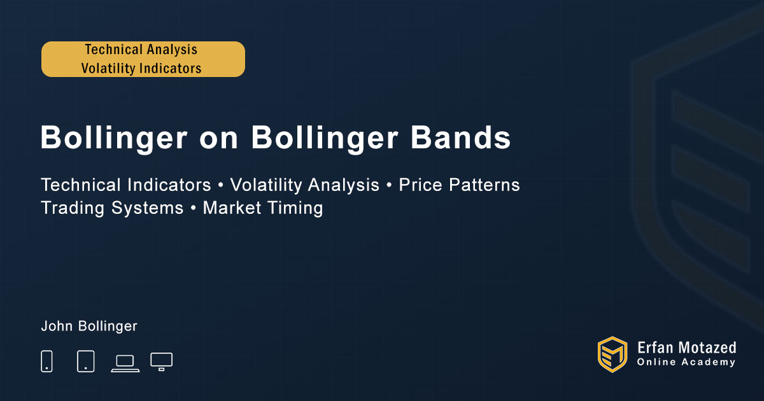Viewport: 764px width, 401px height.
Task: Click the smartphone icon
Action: [46, 361]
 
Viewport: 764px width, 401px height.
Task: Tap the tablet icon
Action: [85, 361]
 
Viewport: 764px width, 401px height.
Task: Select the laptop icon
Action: [125, 363]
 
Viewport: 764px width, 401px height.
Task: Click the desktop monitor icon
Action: [161, 362]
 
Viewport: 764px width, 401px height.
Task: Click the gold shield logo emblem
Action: [612, 355]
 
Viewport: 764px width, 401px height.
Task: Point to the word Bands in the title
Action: [460, 137]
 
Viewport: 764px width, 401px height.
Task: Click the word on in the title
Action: [218, 140]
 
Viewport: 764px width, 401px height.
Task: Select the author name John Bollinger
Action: [89, 326]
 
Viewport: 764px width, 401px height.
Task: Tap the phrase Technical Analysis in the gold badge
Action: [141, 50]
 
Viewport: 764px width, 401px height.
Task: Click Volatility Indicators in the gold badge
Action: [141, 68]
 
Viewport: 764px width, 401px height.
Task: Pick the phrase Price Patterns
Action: [459, 185]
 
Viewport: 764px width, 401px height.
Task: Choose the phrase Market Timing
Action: [263, 208]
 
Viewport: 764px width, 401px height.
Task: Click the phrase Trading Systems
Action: [112, 208]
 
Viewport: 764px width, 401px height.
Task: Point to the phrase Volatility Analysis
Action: [304, 185]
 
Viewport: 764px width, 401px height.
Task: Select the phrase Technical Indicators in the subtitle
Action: [126, 185]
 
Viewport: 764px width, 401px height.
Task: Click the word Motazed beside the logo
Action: [707, 348]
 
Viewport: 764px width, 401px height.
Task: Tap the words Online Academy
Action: [686, 362]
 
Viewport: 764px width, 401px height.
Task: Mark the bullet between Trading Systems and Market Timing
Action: [194, 208]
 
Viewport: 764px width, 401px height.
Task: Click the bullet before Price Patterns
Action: [389, 185]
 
